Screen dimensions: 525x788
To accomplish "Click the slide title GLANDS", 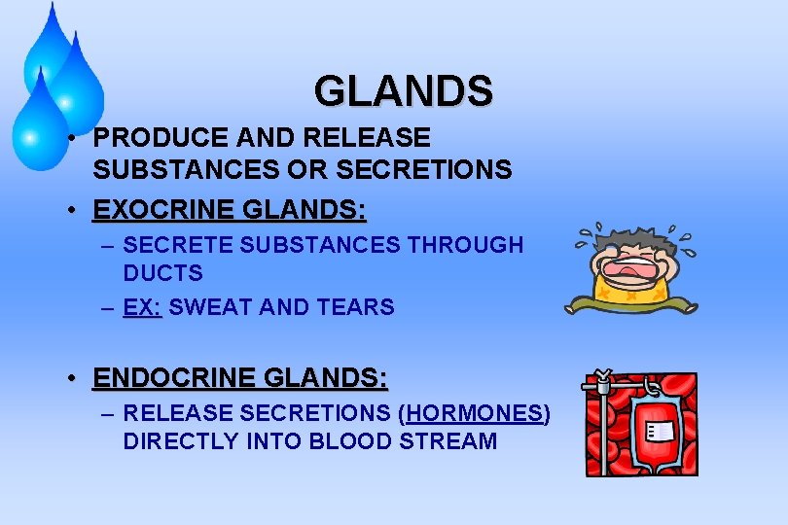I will [x=403, y=91].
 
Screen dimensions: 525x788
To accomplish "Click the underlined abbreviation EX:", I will [x=141, y=307].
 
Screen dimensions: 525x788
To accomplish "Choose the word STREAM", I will [x=451, y=440].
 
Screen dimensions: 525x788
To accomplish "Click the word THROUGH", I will [x=465, y=245].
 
